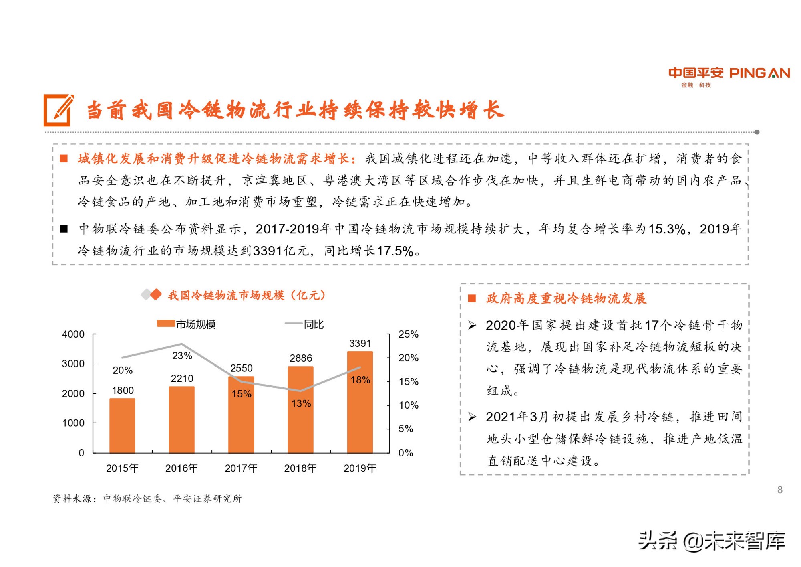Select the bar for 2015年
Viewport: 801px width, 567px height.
(x=122, y=425)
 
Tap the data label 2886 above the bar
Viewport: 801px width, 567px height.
(x=301, y=358)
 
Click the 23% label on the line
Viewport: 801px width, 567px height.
(x=182, y=356)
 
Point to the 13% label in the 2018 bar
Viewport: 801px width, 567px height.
(x=301, y=403)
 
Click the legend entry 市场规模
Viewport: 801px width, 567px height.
(x=187, y=324)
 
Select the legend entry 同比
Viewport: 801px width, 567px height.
(x=304, y=324)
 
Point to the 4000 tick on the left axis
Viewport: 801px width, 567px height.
(x=73, y=334)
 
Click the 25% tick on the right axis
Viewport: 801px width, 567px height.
(x=408, y=334)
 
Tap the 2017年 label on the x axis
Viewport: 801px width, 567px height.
(x=241, y=468)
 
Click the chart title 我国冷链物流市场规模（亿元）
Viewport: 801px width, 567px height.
(x=246, y=295)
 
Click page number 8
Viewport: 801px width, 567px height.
(x=779, y=490)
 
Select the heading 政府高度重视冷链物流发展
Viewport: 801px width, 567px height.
(x=566, y=298)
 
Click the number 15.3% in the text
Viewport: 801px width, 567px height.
(x=667, y=229)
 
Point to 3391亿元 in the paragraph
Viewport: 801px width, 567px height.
(x=280, y=251)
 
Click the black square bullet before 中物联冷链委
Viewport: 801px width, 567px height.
(x=64, y=229)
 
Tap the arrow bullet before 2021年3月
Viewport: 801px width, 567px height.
(x=472, y=417)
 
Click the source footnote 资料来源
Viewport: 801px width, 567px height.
(x=147, y=498)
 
